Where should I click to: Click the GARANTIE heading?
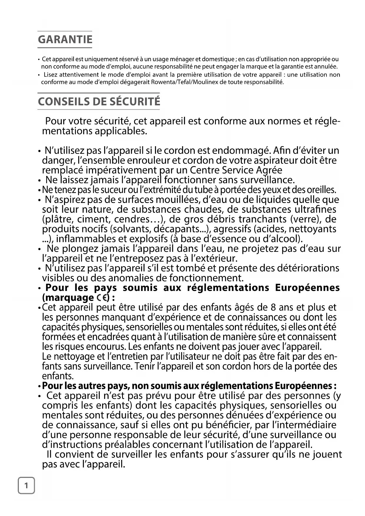click(65, 39)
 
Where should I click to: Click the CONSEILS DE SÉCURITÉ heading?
click(99, 101)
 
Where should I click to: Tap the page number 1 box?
click(26, 485)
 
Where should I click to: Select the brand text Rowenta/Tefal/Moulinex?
click(184, 82)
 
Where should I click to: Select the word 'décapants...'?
click(181, 229)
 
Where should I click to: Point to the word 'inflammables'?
click(83, 239)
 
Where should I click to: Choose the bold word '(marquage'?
click(68, 298)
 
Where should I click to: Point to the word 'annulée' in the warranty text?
click(328, 67)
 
